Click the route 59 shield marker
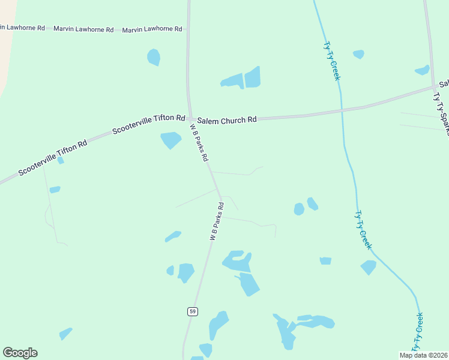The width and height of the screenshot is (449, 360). (x=191, y=311)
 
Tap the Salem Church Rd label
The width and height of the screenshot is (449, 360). (x=227, y=120)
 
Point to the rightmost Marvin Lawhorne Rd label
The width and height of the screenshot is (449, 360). (x=152, y=29)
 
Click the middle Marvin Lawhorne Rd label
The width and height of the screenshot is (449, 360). (x=83, y=29)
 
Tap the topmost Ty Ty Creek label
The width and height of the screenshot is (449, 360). (x=331, y=61)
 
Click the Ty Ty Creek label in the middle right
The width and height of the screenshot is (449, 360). (x=363, y=230)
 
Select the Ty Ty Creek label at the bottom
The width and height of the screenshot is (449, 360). (x=417, y=332)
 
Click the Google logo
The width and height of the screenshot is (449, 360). (x=20, y=353)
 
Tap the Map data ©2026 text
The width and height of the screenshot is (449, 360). (x=423, y=355)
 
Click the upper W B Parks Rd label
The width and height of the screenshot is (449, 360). (x=199, y=143)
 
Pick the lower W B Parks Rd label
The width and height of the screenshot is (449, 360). (x=217, y=221)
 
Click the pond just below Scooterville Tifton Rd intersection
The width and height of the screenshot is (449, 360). (x=170, y=140)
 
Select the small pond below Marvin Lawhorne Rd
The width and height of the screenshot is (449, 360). (x=154, y=57)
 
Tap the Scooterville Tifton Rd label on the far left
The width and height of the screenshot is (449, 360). (x=53, y=158)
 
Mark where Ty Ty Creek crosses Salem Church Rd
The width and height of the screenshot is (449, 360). (x=342, y=110)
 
